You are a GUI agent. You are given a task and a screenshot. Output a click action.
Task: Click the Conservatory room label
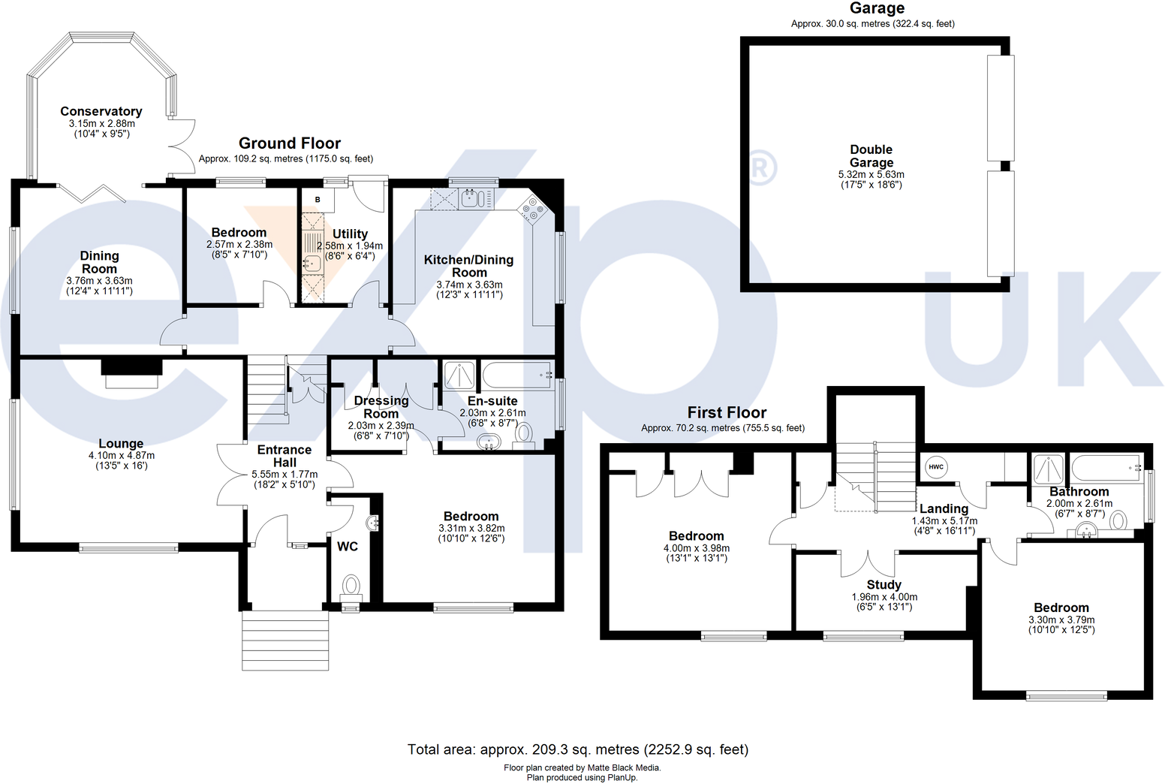[x=101, y=111]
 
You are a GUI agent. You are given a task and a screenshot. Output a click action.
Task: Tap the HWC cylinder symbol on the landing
[x=936, y=466]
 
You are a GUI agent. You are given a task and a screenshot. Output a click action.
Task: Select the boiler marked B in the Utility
[x=318, y=200]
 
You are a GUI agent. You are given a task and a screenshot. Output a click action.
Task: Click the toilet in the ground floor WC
[x=351, y=584]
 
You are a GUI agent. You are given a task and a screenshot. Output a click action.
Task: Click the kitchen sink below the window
[x=472, y=199]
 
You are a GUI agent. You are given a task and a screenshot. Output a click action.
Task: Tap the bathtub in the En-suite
[x=517, y=373]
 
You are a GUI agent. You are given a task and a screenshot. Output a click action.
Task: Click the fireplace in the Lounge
[x=131, y=374]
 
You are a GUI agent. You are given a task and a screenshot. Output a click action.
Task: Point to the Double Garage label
[x=871, y=156]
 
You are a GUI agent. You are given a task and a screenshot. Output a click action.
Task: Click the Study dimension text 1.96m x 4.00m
[x=884, y=597]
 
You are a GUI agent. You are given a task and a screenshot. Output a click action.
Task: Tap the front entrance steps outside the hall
[x=285, y=635]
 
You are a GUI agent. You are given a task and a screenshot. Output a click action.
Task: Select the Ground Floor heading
[x=290, y=143]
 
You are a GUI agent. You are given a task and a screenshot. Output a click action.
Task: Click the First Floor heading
[x=727, y=412]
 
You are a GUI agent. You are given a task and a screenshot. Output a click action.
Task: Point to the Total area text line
[x=578, y=749]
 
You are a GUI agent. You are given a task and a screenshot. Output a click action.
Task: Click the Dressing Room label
[x=381, y=407]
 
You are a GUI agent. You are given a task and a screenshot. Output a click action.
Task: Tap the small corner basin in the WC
[x=373, y=523]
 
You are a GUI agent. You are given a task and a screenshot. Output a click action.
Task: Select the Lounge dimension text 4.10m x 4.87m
[x=122, y=455]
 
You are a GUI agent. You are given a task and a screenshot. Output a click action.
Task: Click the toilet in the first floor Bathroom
[x=1118, y=520]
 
